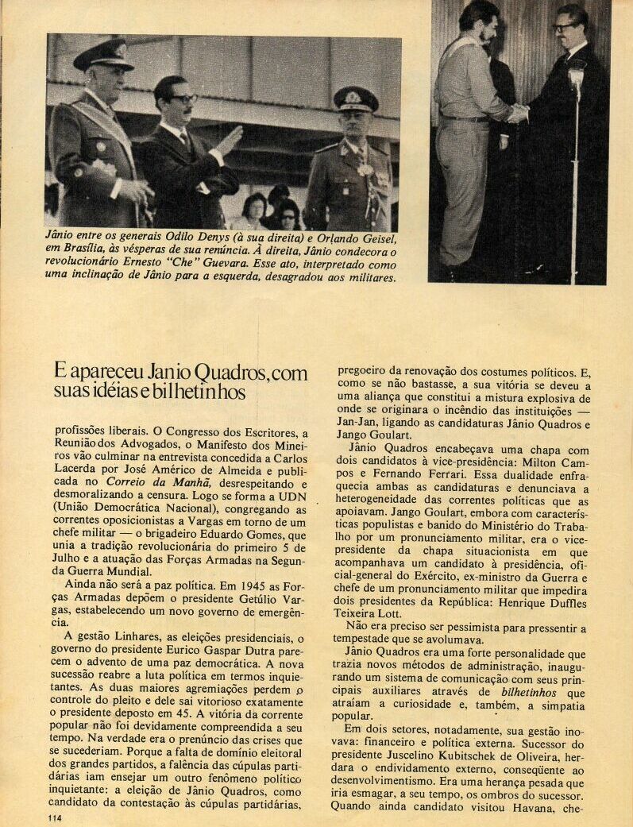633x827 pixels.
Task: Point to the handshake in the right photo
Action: [518, 114]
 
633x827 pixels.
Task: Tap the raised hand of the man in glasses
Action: [229, 141]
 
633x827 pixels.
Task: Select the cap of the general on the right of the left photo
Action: [355, 98]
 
